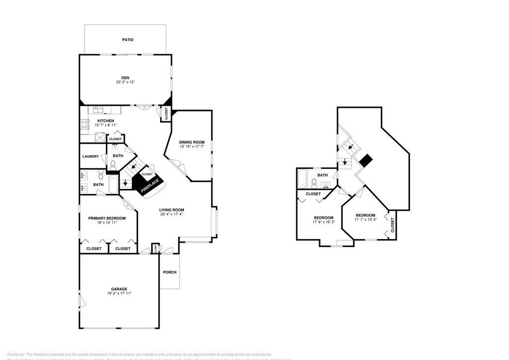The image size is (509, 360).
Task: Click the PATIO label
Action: [128, 39]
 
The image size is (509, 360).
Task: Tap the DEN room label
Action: [125, 78]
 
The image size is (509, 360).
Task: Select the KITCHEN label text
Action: [105, 121]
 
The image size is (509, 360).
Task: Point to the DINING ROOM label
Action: [192, 142]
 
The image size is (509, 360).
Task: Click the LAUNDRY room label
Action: [90, 157]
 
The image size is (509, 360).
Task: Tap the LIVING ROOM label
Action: [171, 210]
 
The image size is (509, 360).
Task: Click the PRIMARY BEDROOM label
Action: [107, 218]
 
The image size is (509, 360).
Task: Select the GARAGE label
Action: [119, 289]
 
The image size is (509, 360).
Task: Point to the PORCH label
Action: [170, 272]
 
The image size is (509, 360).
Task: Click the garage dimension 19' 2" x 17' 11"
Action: [119, 294]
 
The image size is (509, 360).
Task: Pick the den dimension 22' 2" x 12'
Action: [125, 83]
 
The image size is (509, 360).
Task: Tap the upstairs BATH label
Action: [323, 175]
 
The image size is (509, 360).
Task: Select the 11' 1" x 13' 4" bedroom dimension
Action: [365, 219]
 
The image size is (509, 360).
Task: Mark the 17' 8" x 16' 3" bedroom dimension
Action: [324, 222]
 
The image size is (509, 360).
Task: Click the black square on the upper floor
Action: [366, 160]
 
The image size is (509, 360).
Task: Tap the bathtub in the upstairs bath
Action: [302, 179]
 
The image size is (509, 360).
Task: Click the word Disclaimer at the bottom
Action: [16, 352]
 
